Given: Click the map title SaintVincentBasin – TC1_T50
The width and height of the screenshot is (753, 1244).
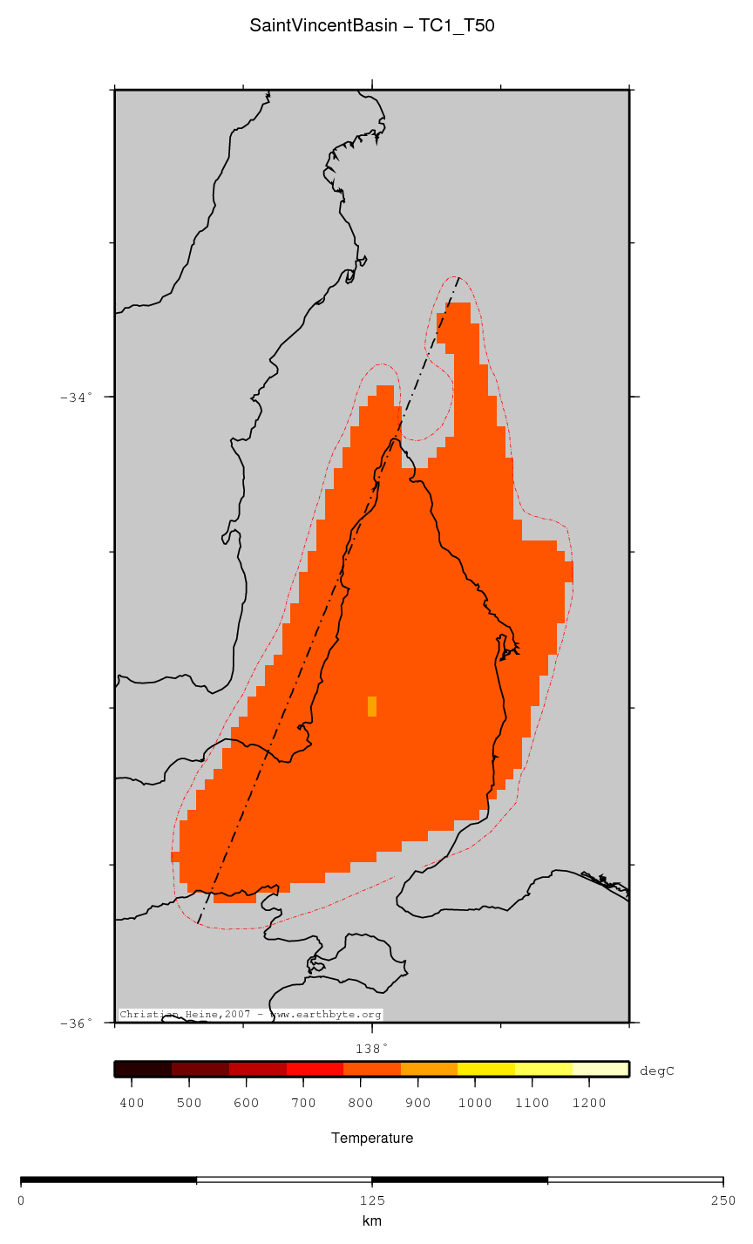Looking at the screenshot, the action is (372, 26).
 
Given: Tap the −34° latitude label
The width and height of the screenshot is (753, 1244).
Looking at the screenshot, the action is (76, 398).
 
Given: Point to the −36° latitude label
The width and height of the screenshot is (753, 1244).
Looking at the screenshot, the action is (76, 1023).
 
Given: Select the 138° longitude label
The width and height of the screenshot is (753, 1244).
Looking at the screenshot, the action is (371, 1048).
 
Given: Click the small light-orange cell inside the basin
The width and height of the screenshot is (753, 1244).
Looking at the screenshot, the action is (372, 706).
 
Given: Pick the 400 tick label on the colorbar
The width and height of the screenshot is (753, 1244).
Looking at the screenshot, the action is (132, 1104).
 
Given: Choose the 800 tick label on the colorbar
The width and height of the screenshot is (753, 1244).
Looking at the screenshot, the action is (360, 1104).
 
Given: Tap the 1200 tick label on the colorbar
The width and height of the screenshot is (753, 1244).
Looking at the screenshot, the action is (589, 1104).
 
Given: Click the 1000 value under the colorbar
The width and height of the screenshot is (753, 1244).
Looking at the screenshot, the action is (475, 1104).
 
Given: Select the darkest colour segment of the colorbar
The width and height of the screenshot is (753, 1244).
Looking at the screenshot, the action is (143, 1070).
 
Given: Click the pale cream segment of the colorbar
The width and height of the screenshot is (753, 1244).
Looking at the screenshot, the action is (600, 1070).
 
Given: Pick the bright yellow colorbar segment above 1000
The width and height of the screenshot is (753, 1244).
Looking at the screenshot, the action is (486, 1070).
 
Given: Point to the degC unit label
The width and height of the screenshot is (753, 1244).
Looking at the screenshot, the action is (656, 1071).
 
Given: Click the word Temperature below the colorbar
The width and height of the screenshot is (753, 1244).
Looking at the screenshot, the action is (372, 1139).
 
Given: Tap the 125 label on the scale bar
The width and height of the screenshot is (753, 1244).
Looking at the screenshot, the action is (372, 1200).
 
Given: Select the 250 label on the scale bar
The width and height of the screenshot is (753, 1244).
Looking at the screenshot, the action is (722, 1200).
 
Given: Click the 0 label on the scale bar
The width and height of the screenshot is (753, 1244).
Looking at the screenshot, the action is (21, 1200).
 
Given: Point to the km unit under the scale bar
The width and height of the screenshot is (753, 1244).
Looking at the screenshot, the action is (372, 1221).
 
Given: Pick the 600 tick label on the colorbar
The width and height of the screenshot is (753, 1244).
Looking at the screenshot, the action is (246, 1104).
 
